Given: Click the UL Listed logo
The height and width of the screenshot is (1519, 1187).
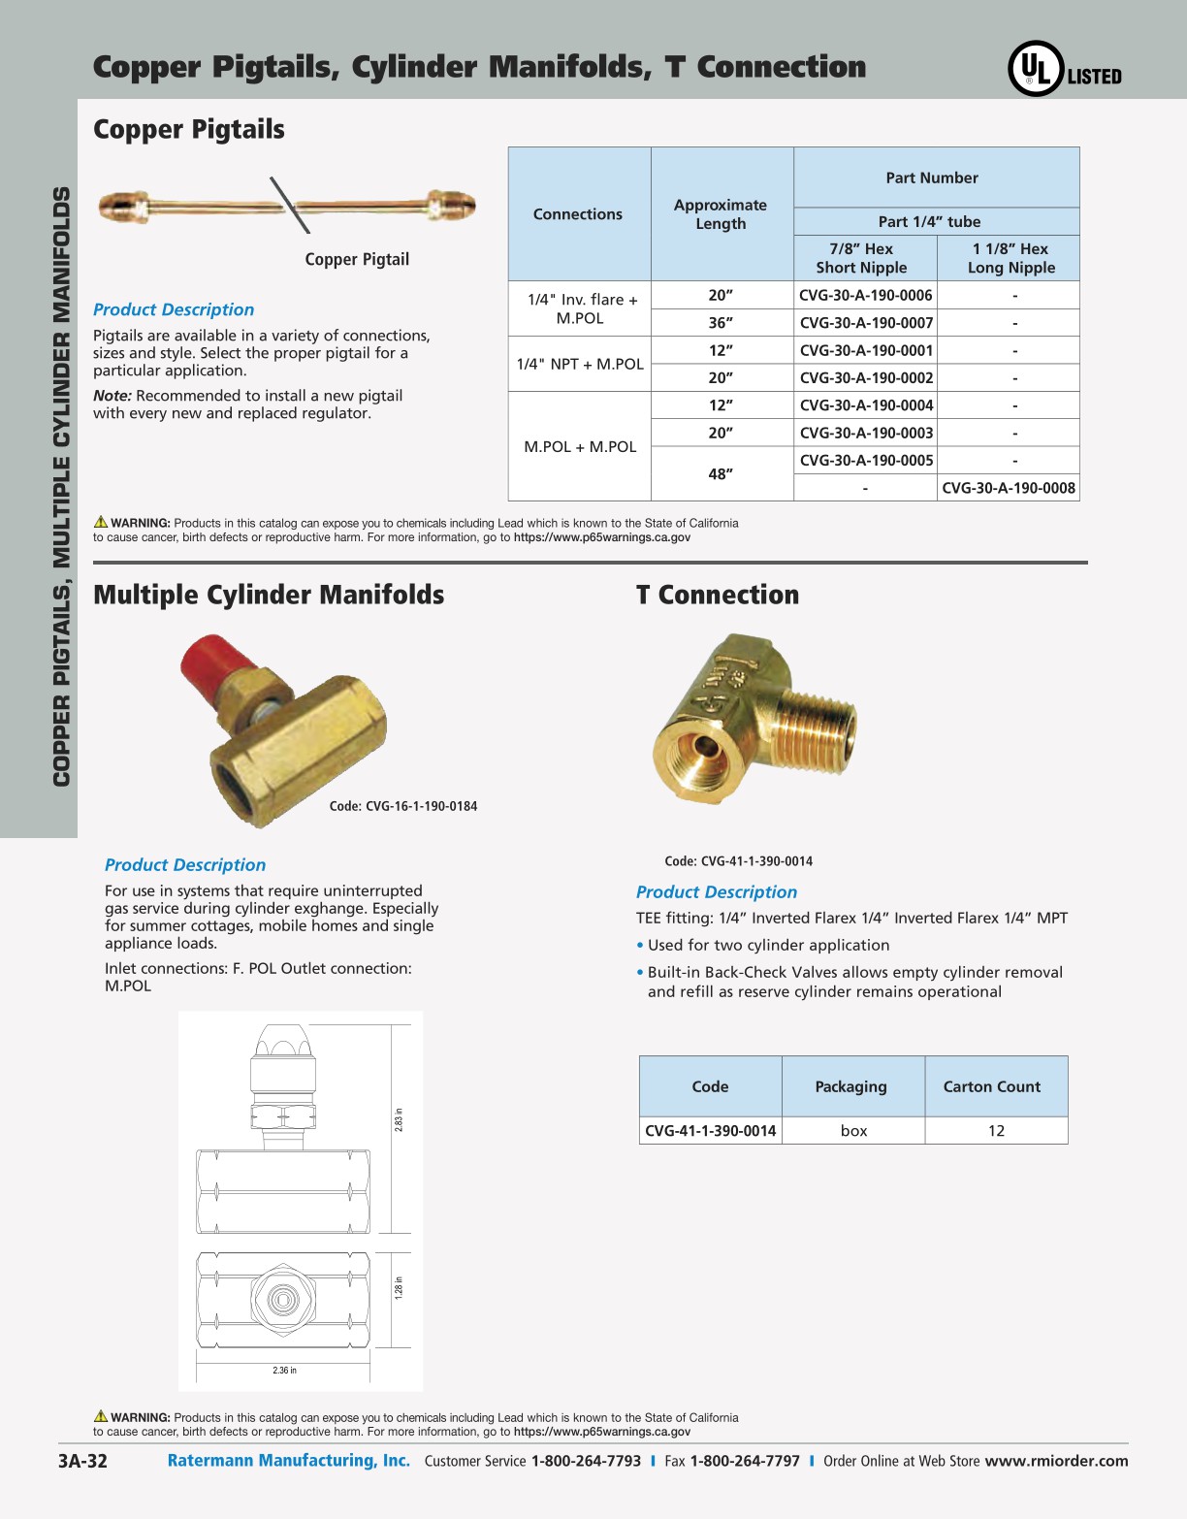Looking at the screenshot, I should coord(1064,69).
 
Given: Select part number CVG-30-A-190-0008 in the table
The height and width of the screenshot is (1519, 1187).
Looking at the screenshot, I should coord(1009,488).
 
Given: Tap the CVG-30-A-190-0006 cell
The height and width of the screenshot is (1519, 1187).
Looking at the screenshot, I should coord(865,295).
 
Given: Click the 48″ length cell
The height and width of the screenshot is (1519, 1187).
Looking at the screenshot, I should coord(721,474).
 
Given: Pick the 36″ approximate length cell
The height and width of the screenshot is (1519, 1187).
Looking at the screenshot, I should coord(721,323).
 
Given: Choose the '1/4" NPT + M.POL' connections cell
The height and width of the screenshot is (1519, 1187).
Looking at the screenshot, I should coord(580,364).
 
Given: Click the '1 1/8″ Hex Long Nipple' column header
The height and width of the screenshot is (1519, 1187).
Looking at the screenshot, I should coord(1010,258).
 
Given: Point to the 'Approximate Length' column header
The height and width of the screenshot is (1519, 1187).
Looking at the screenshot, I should coord(721,214).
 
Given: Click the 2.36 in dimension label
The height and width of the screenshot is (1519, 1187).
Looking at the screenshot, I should coord(284,1371).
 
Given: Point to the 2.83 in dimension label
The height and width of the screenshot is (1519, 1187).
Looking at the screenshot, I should coord(399,1120).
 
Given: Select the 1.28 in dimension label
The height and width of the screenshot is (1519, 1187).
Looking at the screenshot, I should coord(399,1287).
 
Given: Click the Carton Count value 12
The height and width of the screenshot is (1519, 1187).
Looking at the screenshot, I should coord(996,1131).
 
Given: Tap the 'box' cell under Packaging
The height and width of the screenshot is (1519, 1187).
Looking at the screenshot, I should coord(853,1131).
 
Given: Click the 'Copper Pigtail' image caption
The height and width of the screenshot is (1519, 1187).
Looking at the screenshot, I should coord(357,259).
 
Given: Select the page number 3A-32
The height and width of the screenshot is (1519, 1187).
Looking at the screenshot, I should coord(82,1462).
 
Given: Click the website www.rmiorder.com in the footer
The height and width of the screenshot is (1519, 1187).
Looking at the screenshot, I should coord(1056,1461).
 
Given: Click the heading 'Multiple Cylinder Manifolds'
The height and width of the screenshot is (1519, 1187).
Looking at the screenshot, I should coord(269,595).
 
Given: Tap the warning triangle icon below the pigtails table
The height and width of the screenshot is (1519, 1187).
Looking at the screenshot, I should coord(101,522).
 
